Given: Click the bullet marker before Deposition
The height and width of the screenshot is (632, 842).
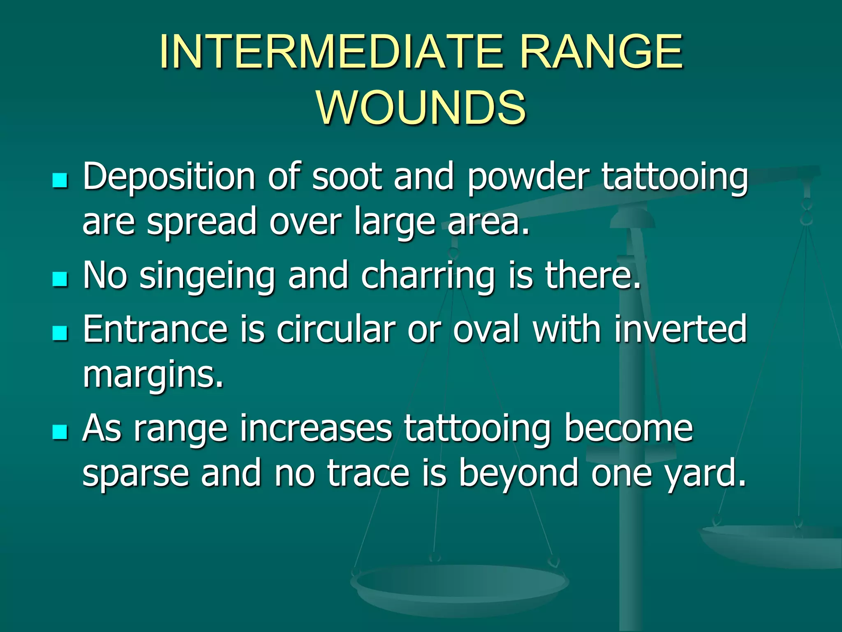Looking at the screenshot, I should coord(60,180).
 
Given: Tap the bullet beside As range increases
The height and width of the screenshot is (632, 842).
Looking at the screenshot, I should coord(60,432).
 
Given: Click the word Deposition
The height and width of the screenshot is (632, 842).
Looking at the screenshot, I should coord(169,177).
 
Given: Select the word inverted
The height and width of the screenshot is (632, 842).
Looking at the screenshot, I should coord(680,329).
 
